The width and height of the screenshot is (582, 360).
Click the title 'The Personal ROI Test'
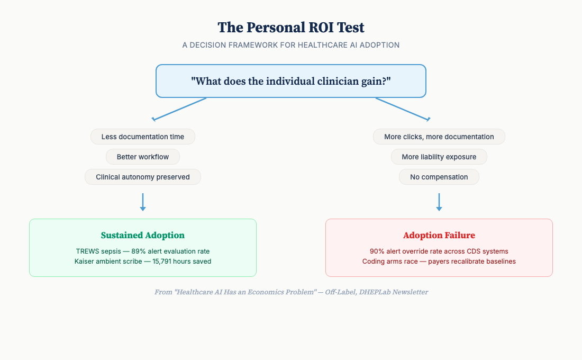coord(291,28)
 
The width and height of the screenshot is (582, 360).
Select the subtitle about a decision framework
coord(291,45)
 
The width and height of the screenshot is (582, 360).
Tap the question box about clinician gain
coord(291,81)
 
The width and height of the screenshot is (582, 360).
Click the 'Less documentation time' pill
coord(143,137)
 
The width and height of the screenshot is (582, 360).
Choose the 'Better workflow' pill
coord(143,157)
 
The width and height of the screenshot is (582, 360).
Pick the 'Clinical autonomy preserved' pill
coord(143,177)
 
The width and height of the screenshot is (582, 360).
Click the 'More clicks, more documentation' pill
coord(439,137)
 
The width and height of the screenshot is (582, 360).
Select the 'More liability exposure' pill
coord(439,157)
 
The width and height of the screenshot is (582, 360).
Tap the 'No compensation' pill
coord(439,177)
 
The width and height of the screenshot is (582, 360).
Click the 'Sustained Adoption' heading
coord(143,235)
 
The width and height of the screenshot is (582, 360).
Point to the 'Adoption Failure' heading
coord(439,235)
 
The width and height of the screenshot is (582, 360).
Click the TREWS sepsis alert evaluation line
coord(143,251)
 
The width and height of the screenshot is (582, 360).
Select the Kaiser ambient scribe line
coord(143,261)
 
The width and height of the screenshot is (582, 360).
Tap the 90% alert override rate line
coord(439,251)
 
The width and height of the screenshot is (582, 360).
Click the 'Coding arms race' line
coord(439,261)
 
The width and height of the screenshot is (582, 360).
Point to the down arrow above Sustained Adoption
coord(143,202)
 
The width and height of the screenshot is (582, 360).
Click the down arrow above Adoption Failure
coord(439,202)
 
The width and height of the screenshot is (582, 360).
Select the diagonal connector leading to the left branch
coord(180,109)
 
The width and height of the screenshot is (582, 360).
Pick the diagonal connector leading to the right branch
coord(402,109)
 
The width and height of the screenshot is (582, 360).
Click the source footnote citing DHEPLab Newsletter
coord(291,292)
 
